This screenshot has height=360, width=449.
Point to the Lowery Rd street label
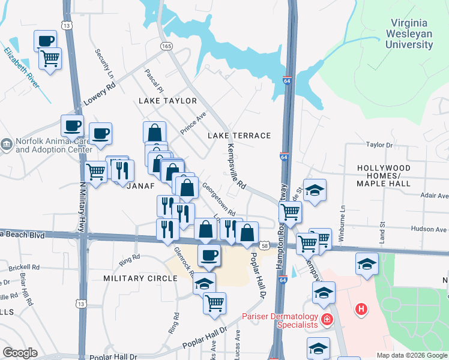(x=98, y=95)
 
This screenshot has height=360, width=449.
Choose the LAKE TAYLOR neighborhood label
(x=167, y=101)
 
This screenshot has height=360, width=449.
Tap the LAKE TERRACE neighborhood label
(x=240, y=136)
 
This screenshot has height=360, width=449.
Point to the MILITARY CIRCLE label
(x=140, y=278)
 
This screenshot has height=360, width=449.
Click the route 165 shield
(x=166, y=46)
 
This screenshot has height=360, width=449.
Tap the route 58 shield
(x=265, y=245)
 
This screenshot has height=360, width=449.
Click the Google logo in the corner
(x=20, y=353)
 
